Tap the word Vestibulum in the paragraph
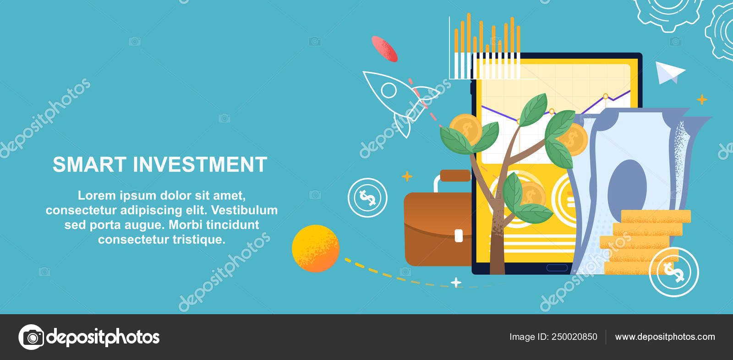pos(244,210)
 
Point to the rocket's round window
pos(388,90)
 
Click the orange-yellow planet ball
pos(316,248)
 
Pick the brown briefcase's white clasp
pos(459,235)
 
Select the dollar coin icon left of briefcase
pos(367,197)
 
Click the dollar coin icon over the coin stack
pos(673,272)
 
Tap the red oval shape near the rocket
pos(384,49)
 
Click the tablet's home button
pos(557,267)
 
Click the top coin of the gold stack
pos(656,216)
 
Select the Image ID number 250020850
pos(574,337)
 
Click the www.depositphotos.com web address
pos(665,337)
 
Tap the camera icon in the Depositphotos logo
pos(32,337)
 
